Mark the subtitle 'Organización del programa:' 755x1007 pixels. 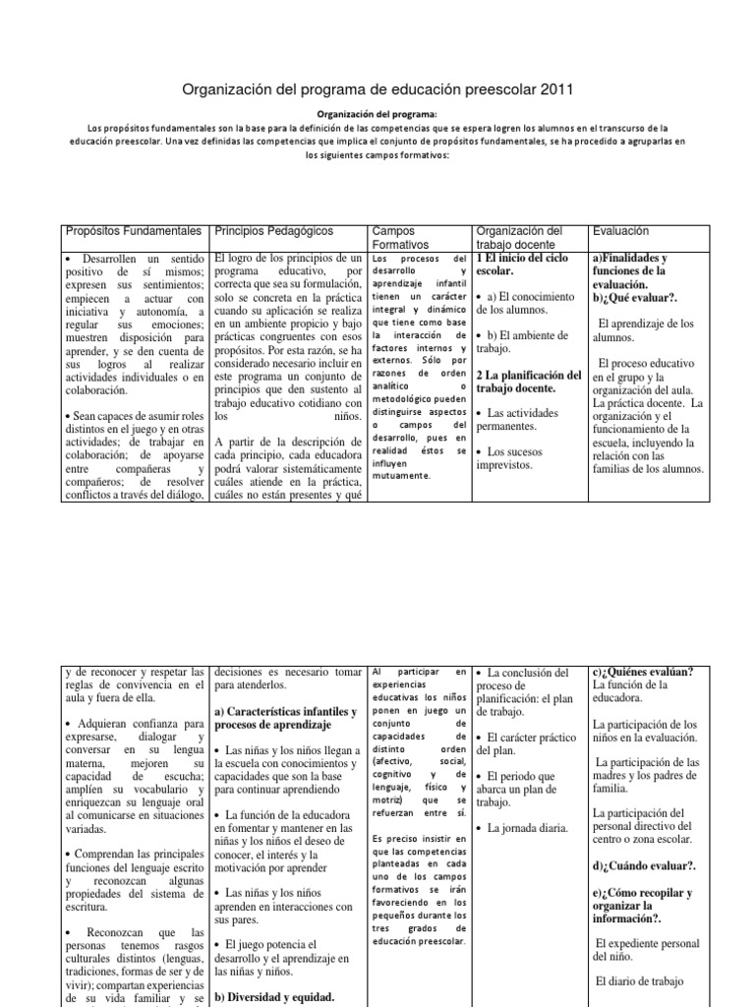377,113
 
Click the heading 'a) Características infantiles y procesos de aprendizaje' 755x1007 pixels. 285,717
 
